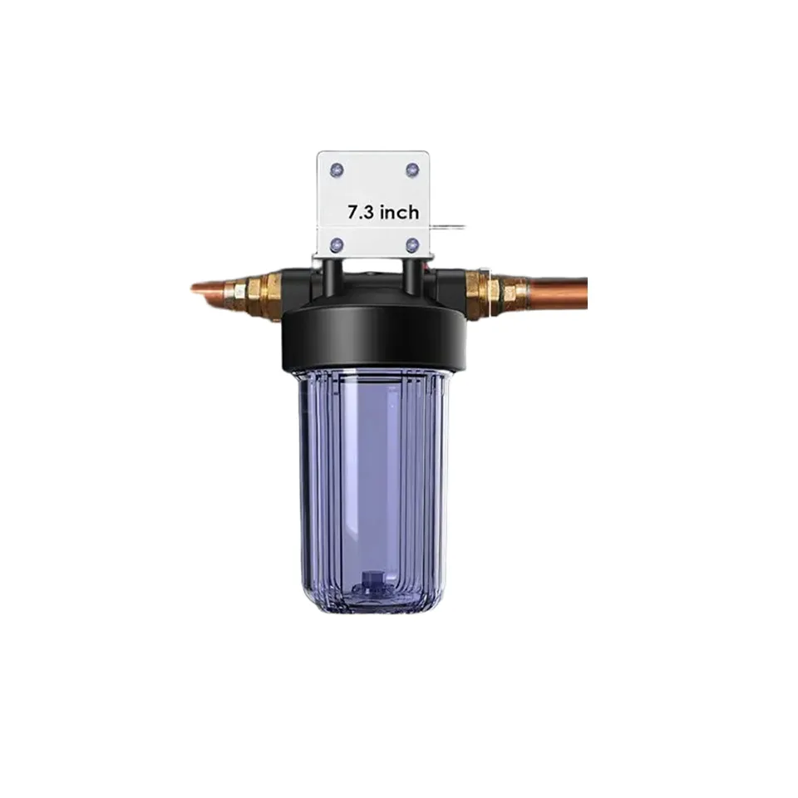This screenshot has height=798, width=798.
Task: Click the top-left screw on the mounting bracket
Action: [337, 170]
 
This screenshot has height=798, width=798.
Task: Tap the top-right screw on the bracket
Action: [411, 170]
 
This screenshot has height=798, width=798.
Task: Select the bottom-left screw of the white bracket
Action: [337, 246]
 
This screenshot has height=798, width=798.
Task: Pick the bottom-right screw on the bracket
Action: [411, 246]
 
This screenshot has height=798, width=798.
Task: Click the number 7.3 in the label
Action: [361, 212]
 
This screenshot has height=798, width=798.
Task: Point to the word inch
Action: [400, 212]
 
